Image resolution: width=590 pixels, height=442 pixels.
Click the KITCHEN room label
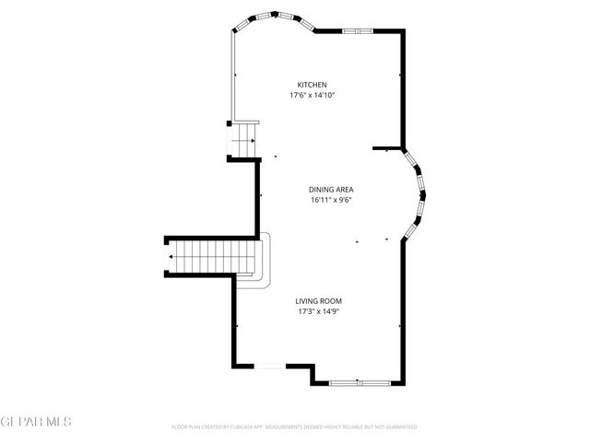tap(311, 85)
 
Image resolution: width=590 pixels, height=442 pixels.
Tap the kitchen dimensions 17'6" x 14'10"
tap(311, 94)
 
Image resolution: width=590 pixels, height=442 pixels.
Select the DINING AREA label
tap(331, 190)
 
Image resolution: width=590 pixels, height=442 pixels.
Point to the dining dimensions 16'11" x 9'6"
tap(331, 200)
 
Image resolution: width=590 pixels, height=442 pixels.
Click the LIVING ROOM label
tap(318, 301)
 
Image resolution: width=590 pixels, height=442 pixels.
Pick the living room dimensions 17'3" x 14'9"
tap(318, 311)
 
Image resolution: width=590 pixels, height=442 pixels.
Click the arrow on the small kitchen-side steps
tap(243, 140)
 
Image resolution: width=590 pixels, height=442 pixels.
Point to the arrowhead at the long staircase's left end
tap(170, 255)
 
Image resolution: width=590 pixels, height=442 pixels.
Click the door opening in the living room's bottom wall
tap(269, 366)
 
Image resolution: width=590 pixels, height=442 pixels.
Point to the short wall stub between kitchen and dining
tap(387, 147)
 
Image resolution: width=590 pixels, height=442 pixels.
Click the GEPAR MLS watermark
tap(36, 422)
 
